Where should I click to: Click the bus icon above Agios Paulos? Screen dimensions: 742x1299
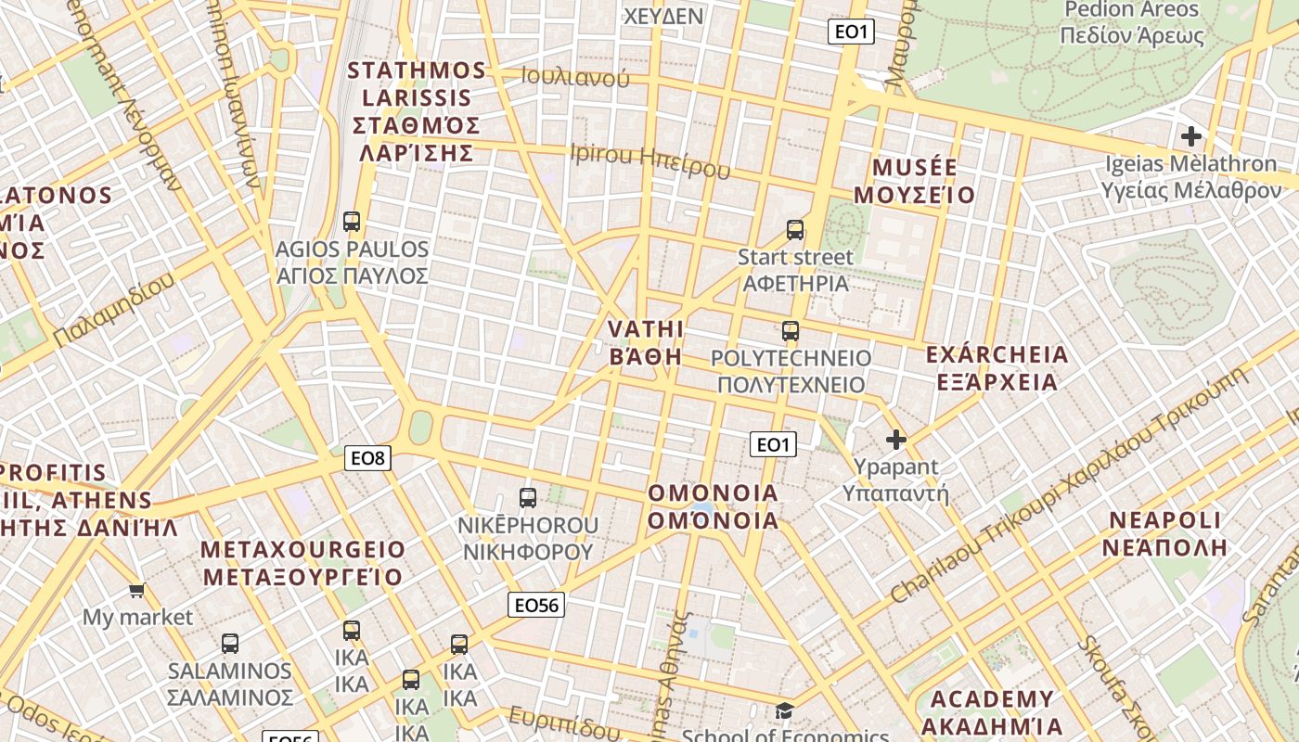coord(352,222)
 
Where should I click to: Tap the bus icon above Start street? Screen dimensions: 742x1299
coord(795,230)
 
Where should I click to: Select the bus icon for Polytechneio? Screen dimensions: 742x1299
coord(791,331)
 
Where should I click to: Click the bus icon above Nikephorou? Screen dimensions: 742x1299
coord(528,498)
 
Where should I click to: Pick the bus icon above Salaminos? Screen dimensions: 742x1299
coord(230,644)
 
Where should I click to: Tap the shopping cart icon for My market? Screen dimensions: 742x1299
coord(137,590)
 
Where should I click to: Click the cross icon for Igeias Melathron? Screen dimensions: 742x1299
coord(1191,136)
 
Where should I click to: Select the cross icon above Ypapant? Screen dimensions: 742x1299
coord(896,440)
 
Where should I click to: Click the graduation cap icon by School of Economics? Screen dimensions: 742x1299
coord(785,711)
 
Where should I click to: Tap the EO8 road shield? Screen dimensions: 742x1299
coord(367,457)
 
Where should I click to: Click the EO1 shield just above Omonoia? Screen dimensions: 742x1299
coord(772,445)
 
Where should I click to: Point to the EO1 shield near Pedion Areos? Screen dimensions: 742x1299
coord(851,32)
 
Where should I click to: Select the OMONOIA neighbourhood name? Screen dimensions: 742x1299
coord(714,506)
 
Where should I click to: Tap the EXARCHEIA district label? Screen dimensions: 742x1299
coord(997,368)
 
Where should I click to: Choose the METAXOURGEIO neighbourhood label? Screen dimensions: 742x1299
coord(303,563)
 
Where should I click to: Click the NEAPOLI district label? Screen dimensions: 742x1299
coord(1167,532)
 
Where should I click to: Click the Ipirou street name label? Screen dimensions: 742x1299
coord(649,160)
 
